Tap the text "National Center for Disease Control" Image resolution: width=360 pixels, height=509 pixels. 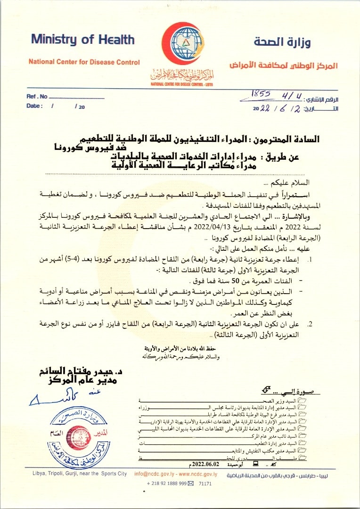(84, 62)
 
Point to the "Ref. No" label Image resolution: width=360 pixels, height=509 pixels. (37, 97)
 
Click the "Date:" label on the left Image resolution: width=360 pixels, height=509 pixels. (34, 107)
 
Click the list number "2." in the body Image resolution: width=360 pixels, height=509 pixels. (310, 324)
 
